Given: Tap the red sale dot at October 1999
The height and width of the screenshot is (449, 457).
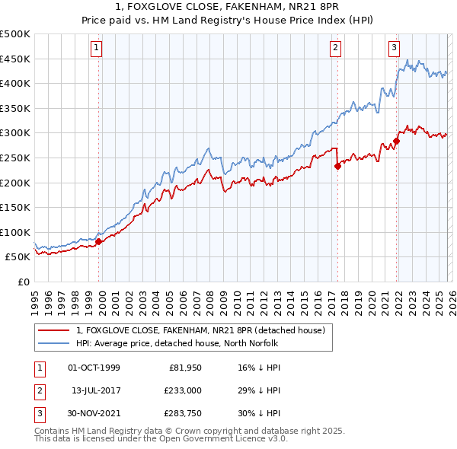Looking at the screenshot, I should pyautogui.click(x=98, y=241).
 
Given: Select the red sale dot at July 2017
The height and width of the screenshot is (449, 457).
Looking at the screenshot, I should pyautogui.click(x=337, y=167).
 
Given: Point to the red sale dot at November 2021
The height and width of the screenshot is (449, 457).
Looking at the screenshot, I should pyautogui.click(x=396, y=142).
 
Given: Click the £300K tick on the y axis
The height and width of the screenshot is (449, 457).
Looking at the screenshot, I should pyautogui.click(x=15, y=133).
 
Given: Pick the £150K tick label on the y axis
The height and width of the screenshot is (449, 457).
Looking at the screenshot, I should pyautogui.click(x=15, y=207).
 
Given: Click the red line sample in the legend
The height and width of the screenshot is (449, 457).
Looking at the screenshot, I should pyautogui.click(x=53, y=330).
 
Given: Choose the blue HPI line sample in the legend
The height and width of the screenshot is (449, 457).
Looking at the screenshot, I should pyautogui.click(x=53, y=342).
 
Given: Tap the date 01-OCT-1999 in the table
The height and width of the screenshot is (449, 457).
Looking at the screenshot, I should pyautogui.click(x=94, y=368).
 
